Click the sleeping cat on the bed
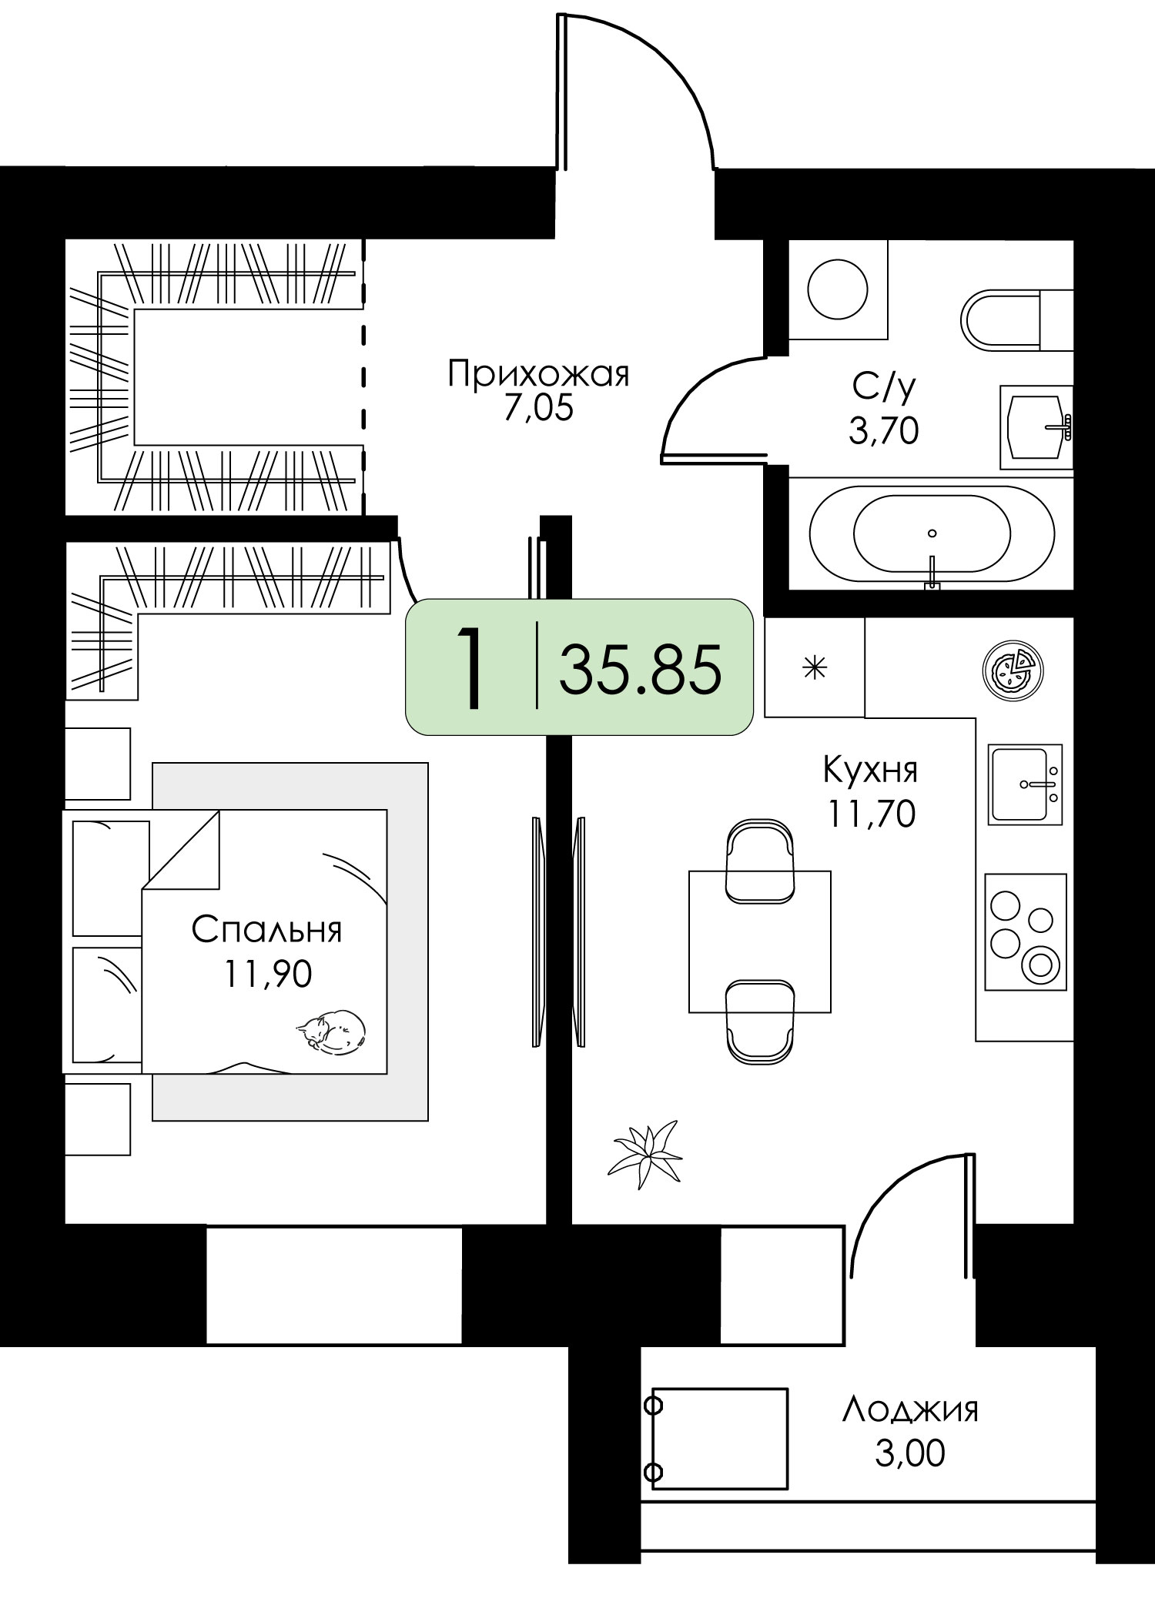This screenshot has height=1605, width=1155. (331, 1029)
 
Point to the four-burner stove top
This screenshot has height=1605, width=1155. (1025, 932)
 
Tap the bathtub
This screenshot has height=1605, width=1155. (932, 533)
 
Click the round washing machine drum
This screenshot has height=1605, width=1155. (837, 290)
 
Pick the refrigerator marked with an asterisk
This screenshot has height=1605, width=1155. (815, 667)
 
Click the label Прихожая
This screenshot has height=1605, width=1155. (539, 375)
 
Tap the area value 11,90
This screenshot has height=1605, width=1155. (268, 974)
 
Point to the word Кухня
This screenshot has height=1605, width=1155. (870, 769)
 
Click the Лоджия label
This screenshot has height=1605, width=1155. (910, 1409)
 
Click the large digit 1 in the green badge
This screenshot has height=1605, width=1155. (470, 667)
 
